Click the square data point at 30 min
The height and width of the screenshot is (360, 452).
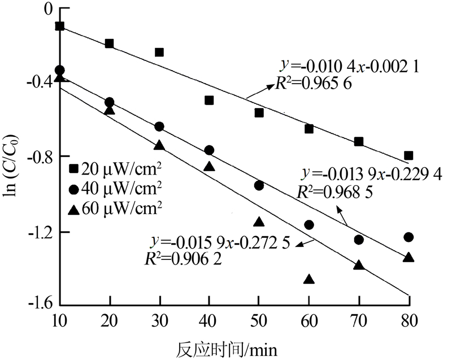(159, 53)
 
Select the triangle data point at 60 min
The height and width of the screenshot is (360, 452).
(308, 279)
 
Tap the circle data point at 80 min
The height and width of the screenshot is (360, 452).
(408, 237)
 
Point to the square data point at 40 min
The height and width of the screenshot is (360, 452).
(209, 101)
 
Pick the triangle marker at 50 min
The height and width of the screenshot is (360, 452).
(259, 222)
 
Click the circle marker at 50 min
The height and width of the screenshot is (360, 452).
(259, 185)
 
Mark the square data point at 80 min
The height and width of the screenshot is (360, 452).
(408, 155)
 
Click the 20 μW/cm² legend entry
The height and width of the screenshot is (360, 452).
(116, 167)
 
